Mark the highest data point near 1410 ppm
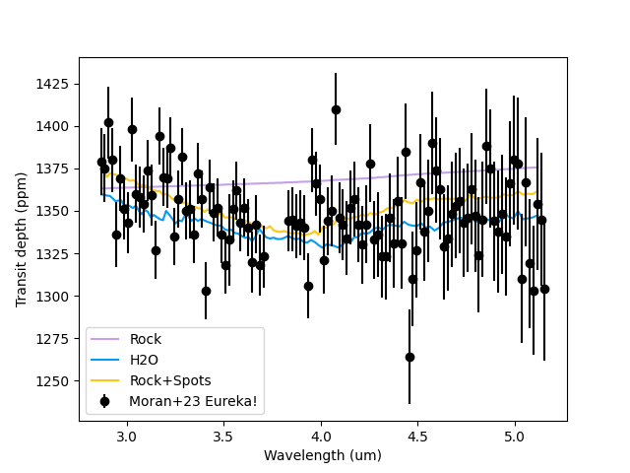(336, 109)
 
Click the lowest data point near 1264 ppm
(409, 357)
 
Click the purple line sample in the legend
(105, 339)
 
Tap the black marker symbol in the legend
(105, 401)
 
